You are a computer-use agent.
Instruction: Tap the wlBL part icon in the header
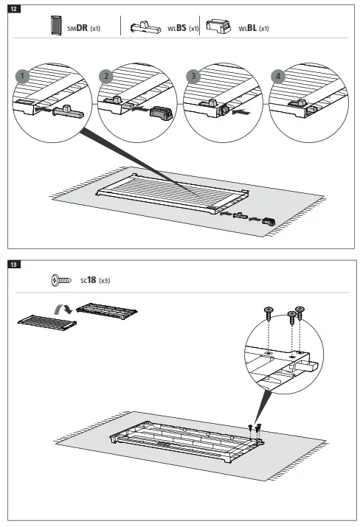click(x=218, y=27)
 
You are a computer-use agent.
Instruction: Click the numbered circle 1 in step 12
click(x=23, y=76)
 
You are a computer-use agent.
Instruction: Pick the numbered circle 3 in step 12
click(x=194, y=76)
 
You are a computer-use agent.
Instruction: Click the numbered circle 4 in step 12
click(x=278, y=76)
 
